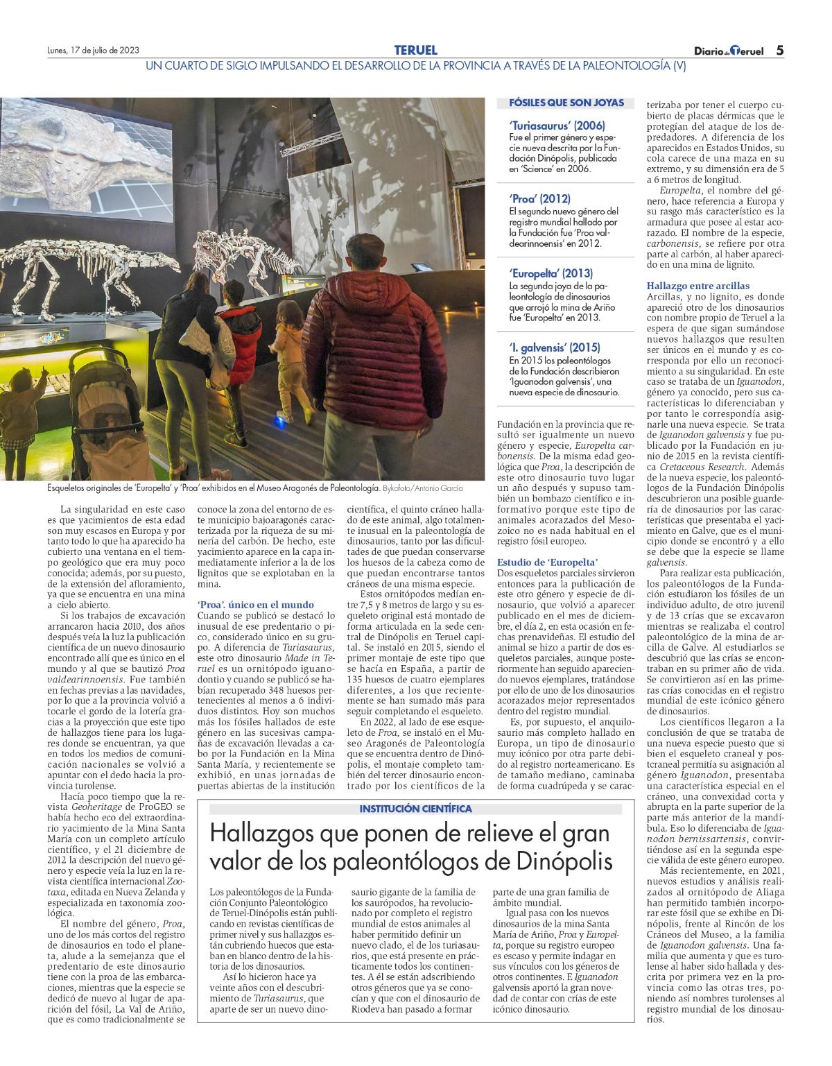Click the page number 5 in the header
(779, 50)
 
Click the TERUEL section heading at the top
(415, 50)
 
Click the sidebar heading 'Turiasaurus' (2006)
(557, 126)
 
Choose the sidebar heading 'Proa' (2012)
(539, 199)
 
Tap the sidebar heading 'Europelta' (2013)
(551, 273)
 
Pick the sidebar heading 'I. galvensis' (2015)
(554, 347)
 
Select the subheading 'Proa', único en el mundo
(255, 605)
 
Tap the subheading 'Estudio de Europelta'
(548, 562)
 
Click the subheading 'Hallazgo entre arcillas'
(697, 286)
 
